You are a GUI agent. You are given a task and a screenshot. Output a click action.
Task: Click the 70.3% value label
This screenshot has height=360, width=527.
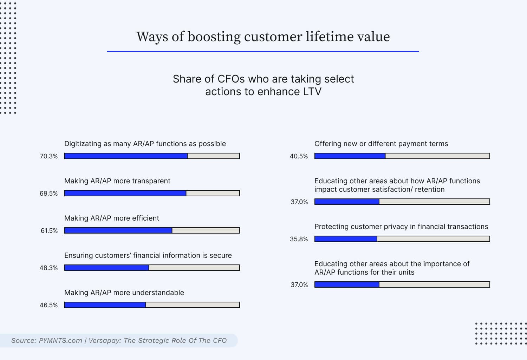(48, 156)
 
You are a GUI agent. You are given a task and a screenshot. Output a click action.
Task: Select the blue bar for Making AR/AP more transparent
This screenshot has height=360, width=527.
(125, 193)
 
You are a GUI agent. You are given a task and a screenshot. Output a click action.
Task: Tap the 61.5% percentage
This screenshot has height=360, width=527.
(49, 231)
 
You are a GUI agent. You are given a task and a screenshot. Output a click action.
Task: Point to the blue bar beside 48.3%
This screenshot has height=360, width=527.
(107, 268)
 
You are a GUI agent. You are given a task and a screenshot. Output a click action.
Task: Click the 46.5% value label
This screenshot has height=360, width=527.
(48, 305)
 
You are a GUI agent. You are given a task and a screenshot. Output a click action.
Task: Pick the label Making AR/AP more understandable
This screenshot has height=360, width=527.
(124, 293)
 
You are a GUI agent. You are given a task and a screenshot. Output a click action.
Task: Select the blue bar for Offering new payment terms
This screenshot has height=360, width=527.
(350, 156)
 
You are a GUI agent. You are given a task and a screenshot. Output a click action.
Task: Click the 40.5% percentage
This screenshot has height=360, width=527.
(299, 156)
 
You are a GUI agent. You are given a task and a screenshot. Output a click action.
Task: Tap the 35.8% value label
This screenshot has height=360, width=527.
(299, 239)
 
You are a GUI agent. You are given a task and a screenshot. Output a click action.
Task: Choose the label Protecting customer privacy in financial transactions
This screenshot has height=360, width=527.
(401, 227)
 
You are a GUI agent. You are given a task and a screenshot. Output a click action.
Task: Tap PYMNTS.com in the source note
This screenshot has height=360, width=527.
(60, 340)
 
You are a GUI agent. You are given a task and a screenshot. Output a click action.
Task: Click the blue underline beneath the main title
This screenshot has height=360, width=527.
(263, 52)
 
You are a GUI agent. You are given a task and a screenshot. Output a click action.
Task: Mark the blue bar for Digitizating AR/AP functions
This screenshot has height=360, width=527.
(126, 156)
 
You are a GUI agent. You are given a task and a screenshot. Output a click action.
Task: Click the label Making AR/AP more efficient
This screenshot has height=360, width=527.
(112, 218)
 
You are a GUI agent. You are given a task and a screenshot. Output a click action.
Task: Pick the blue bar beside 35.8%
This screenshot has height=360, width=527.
(346, 239)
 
